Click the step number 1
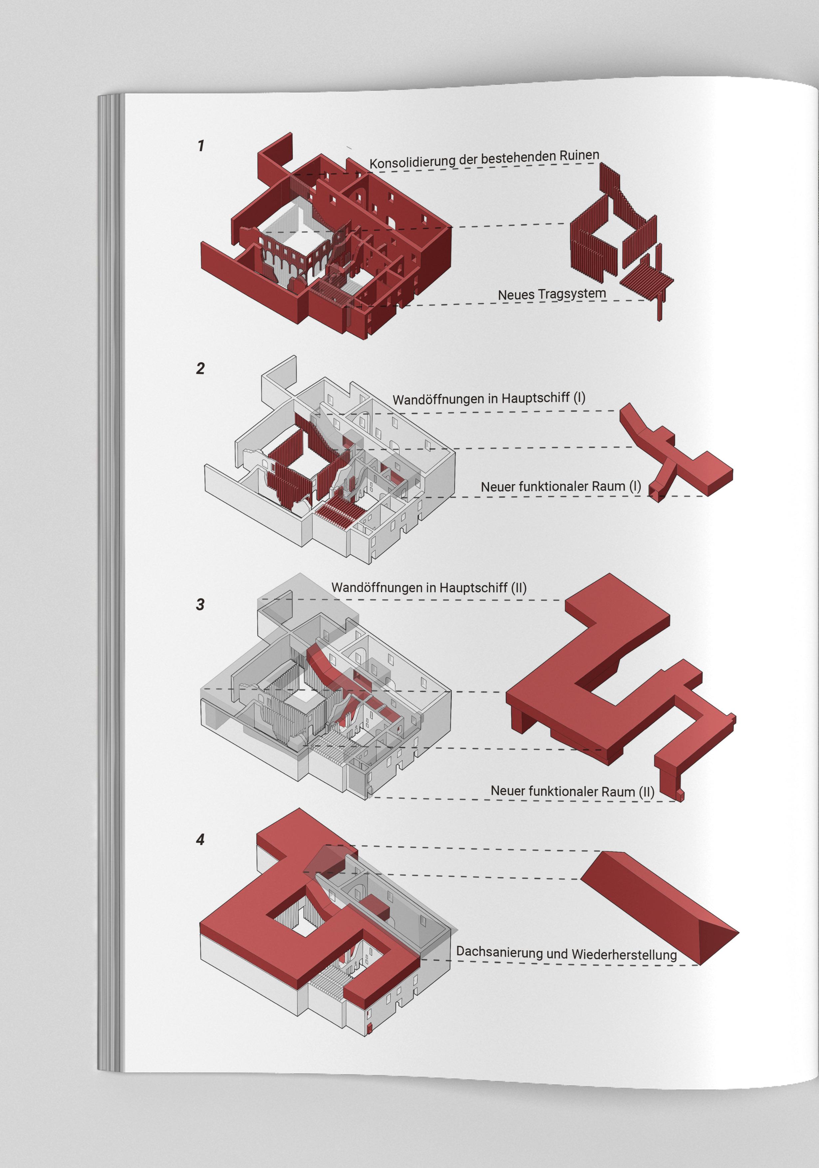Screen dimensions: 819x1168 click(201, 146)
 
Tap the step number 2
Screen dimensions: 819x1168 click(200, 368)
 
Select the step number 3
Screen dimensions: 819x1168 click(200, 604)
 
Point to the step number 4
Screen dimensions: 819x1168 click(200, 839)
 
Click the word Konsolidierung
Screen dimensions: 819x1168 click(412, 162)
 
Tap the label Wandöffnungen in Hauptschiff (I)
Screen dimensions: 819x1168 click(489, 398)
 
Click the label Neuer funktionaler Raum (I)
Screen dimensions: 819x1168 click(561, 486)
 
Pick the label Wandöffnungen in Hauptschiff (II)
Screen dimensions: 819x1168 click(429, 588)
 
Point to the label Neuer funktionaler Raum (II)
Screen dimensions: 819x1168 click(572, 791)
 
